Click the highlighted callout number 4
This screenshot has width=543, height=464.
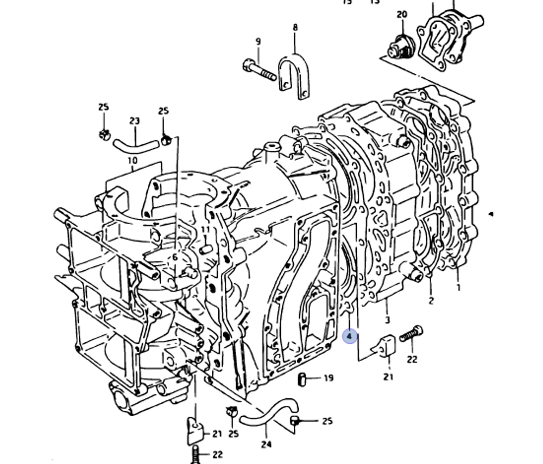coord(350,336)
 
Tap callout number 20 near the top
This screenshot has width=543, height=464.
coord(402,15)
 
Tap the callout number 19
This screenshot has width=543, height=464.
coord(329,378)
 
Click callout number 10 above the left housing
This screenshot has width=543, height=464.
coord(132,161)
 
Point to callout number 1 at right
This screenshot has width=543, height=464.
coord(458,288)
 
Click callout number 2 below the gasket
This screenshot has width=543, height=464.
coord(431,300)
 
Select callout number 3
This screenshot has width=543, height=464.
coord(387,320)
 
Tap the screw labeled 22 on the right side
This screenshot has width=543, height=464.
coord(411,334)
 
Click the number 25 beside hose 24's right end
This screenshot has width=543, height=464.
coord(327,421)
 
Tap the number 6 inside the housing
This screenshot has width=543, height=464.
coord(175,258)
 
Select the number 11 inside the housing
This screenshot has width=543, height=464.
coord(205,230)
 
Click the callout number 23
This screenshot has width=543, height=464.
coord(135,121)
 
